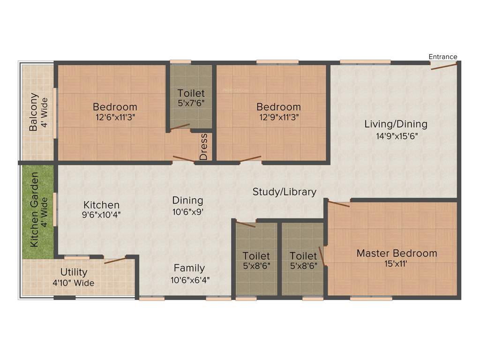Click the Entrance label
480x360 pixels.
tap(443, 57)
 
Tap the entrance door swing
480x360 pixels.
tap(444, 67)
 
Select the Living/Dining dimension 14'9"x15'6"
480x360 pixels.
tap(396, 136)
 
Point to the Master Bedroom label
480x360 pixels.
tap(397, 254)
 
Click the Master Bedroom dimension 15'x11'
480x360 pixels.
tap(397, 264)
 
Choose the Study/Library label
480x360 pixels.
tap(285, 192)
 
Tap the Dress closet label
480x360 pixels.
tap(203, 147)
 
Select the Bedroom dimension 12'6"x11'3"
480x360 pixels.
tap(115, 117)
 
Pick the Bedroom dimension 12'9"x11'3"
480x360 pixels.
tap(278, 117)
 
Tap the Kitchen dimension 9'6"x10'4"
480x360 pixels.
tap(102, 215)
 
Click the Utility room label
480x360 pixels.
tap(74, 272)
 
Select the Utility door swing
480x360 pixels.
tap(115, 260)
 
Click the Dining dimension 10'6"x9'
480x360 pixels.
tap(187, 211)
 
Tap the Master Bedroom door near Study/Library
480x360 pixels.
tap(338, 203)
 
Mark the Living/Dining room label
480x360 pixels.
tap(396, 124)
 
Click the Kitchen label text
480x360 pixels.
tap(102, 205)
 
